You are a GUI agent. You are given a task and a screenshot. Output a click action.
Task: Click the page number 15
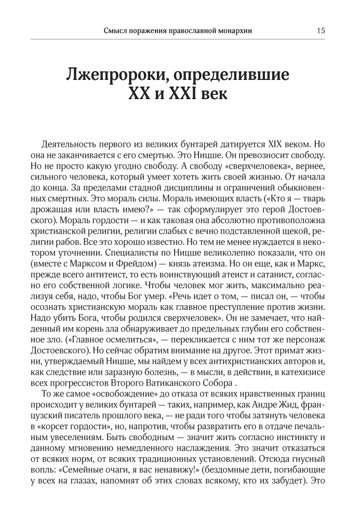point(321,30)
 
